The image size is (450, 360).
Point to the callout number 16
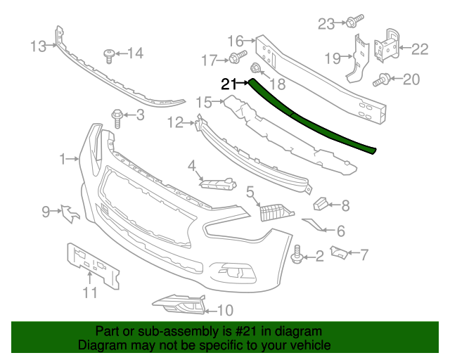click(235, 41)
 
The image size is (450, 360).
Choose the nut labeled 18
click(256, 69)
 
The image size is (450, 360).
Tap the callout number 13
click(38, 46)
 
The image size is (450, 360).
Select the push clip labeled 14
click(109, 53)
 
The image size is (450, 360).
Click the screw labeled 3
click(117, 115)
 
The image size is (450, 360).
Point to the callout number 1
click(64, 159)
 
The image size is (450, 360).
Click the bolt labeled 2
click(297, 255)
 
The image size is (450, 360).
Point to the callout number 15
click(203, 103)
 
